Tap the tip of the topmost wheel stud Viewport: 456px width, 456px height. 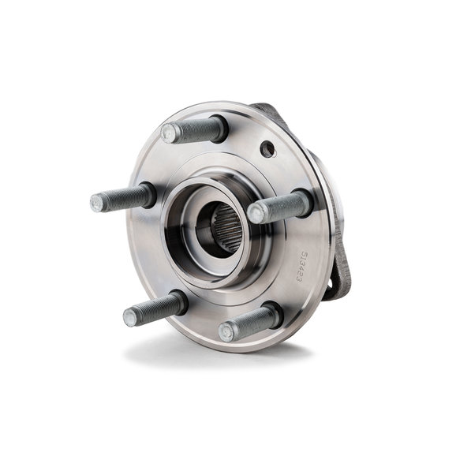(169, 133)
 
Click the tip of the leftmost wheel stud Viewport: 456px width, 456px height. (97, 203)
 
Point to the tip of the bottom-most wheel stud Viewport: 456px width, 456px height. (227, 331)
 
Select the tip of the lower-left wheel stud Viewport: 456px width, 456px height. (130, 318)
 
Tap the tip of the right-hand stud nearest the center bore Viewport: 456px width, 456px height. (256, 213)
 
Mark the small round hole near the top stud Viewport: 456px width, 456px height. (268, 148)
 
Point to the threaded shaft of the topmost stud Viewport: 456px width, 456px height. (193, 129)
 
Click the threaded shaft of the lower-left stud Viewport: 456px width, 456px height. (154, 308)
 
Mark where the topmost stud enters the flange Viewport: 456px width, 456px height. (219, 129)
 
